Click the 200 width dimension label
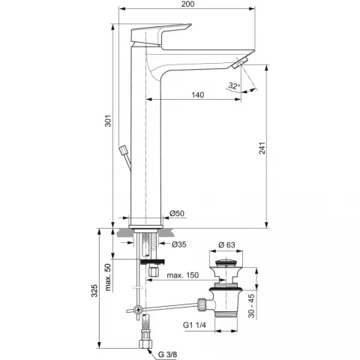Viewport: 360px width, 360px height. pos(187,4)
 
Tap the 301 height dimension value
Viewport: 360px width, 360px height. pos(108,121)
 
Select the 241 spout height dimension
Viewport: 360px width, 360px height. pos(262,148)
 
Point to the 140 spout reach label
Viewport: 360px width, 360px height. pos(197,95)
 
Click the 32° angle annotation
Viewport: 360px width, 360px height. pos(234,86)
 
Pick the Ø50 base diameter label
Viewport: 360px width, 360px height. pos(177,213)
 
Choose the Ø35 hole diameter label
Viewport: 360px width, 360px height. pos(179,244)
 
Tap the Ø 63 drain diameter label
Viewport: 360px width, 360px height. pos(226,245)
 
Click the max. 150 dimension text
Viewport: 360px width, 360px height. pos(183,275)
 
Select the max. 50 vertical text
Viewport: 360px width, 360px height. pos(108,277)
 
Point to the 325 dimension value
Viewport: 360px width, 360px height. pos(94,291)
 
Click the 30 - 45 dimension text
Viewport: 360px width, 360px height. pos(251,306)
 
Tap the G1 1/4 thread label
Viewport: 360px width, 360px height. pos(194,325)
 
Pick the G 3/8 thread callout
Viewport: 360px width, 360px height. pos(167,354)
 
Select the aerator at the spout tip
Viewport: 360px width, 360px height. pos(240,62)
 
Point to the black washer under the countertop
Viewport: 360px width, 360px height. pos(152,262)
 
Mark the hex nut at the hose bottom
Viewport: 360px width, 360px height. pos(145,343)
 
